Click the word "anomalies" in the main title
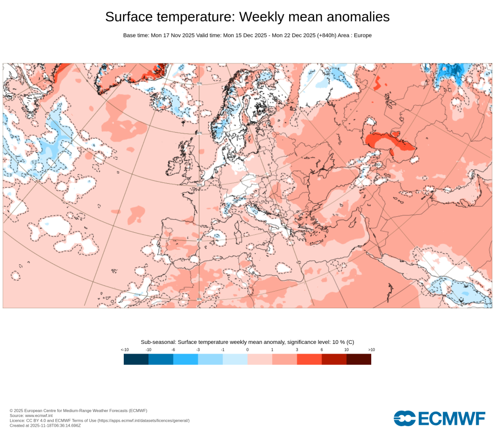coord(358,17)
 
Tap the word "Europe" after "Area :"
coord(363,35)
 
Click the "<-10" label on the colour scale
coord(125,349)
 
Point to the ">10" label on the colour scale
coord(371,349)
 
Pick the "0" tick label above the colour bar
coord(247,349)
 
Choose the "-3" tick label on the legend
coord(198,349)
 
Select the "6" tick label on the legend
coord(321,349)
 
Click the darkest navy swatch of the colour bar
coord(136,359)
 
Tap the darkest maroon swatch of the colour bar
coord(359,359)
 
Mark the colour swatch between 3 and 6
coord(309,359)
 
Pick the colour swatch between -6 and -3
coord(185,359)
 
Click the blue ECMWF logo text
coord(451,418)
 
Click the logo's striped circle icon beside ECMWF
coord(405,418)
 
